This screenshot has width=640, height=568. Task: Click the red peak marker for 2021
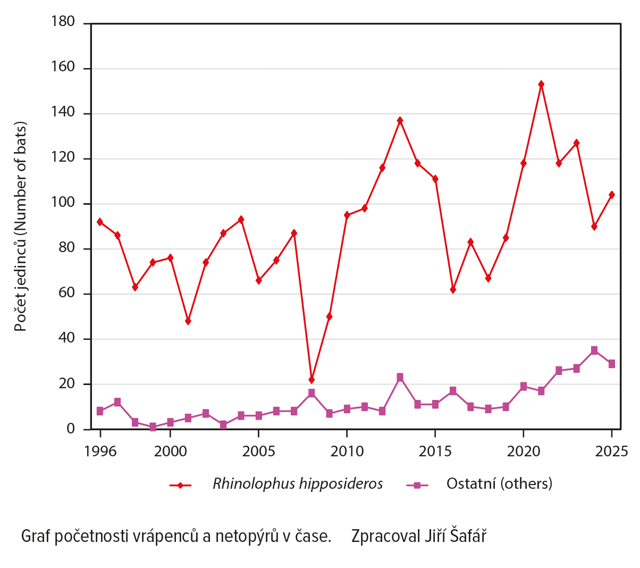click(541, 84)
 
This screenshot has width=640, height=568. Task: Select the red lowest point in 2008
click(311, 380)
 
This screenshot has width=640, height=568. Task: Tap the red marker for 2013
click(400, 120)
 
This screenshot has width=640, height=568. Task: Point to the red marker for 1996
click(100, 222)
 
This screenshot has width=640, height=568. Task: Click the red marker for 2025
click(612, 195)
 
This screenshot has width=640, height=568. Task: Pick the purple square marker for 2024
click(594, 350)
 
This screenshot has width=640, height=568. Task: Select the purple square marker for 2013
click(400, 377)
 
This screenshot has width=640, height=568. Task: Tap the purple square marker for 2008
click(311, 393)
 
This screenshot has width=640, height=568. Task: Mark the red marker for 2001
click(188, 321)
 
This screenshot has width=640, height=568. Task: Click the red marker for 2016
click(453, 289)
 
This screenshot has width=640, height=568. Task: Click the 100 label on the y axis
click(63, 204)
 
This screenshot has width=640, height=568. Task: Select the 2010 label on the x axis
click(347, 452)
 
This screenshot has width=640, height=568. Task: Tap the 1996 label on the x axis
click(100, 452)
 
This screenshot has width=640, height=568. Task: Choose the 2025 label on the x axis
click(612, 452)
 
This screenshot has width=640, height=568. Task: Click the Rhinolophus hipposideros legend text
click(298, 483)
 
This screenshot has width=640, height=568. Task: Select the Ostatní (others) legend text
click(499, 483)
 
